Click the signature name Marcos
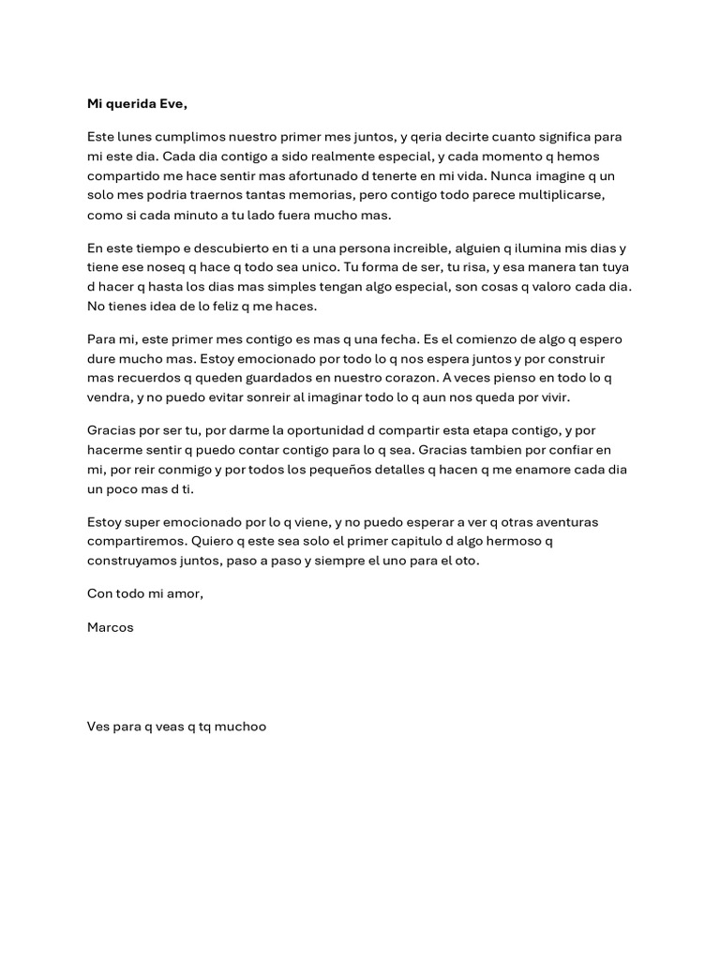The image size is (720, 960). (111, 628)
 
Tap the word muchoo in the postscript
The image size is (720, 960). (242, 726)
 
